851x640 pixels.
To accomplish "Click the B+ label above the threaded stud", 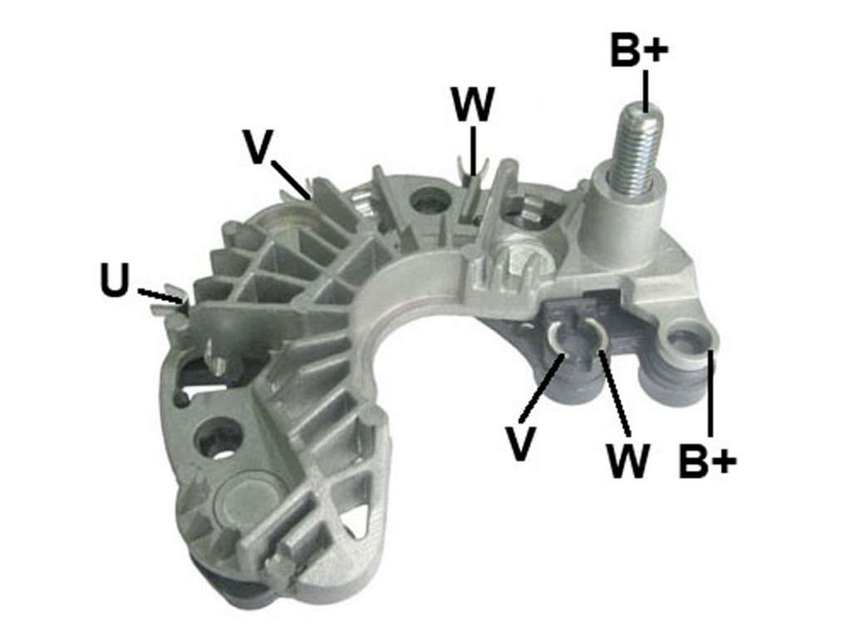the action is pyautogui.click(x=639, y=49).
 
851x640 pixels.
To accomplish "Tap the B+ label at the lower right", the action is pyautogui.click(x=707, y=461).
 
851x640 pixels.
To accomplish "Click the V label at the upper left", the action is pyautogui.click(x=256, y=145).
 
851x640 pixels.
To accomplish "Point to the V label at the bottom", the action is pyautogui.click(x=520, y=444).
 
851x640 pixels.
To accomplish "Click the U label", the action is pyautogui.click(x=115, y=280).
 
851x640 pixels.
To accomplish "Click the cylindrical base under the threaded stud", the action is pyautogui.click(x=625, y=220).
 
